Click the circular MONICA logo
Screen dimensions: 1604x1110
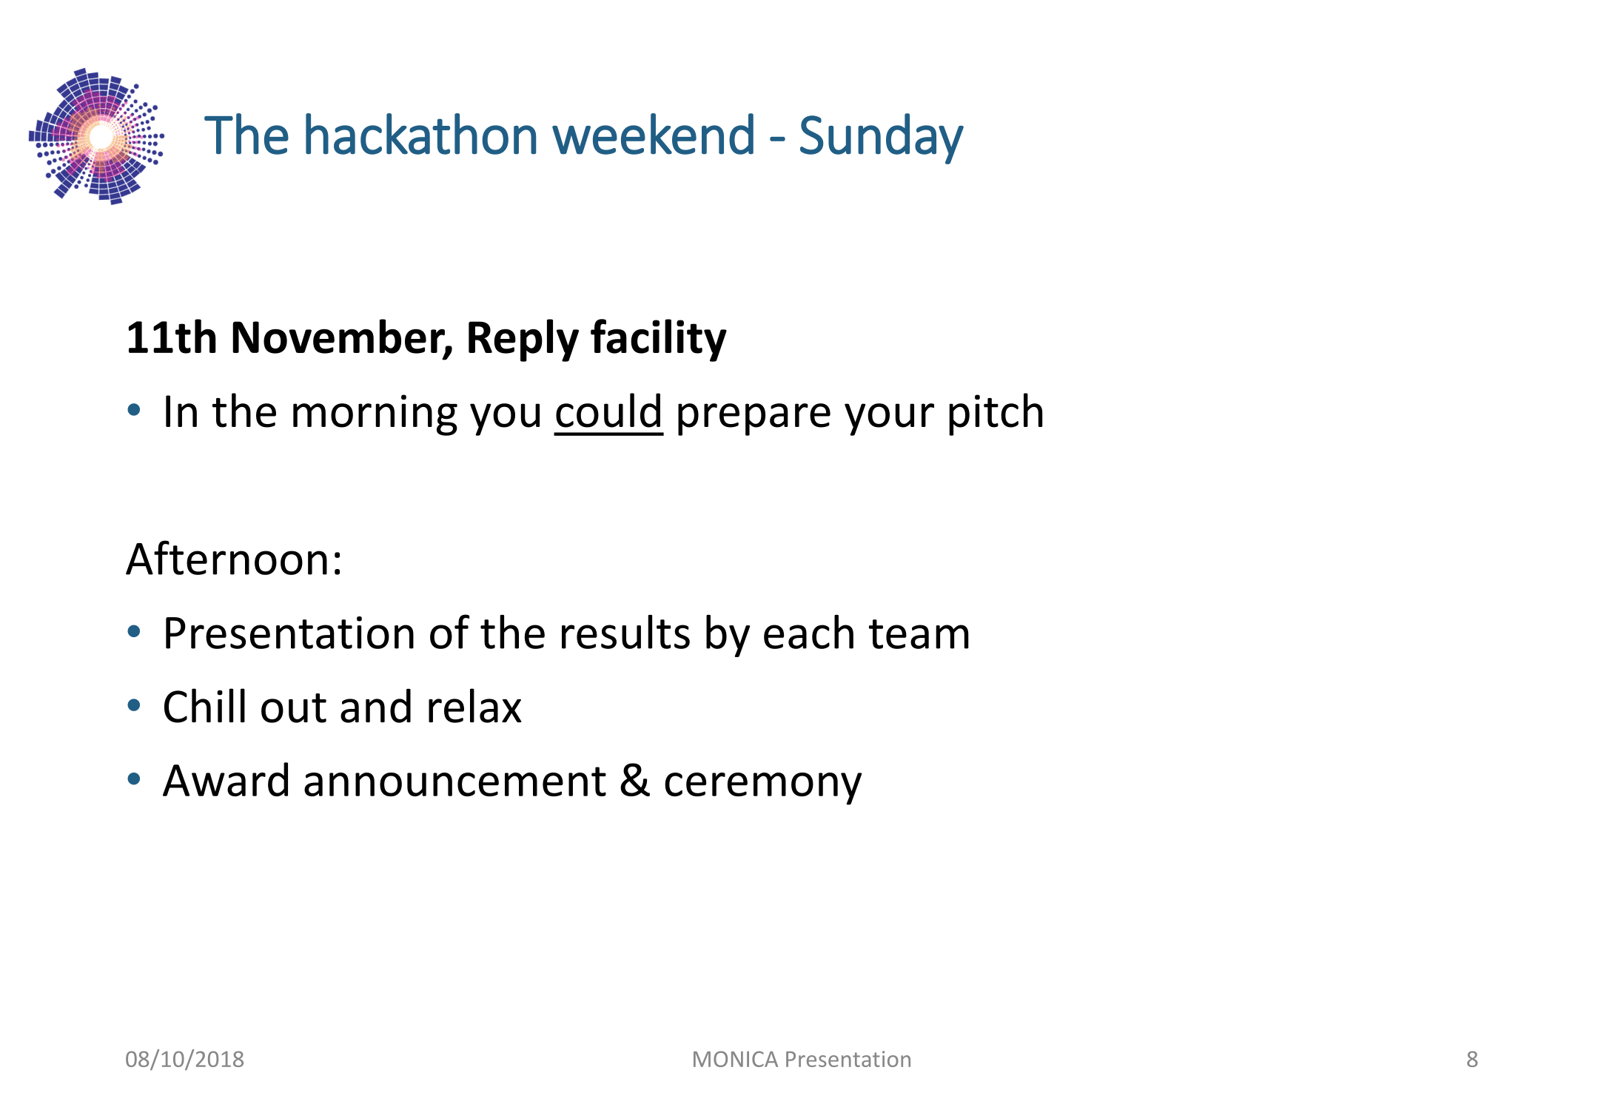96,136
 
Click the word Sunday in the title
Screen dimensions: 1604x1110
881,138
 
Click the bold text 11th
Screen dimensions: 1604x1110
172,337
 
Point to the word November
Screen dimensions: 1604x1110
342,337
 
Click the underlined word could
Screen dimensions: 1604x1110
608,413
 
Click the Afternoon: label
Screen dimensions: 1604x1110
234,559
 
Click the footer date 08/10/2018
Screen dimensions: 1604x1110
184,1060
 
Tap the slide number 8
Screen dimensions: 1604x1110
1472,1060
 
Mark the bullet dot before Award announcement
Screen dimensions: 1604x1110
134,779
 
